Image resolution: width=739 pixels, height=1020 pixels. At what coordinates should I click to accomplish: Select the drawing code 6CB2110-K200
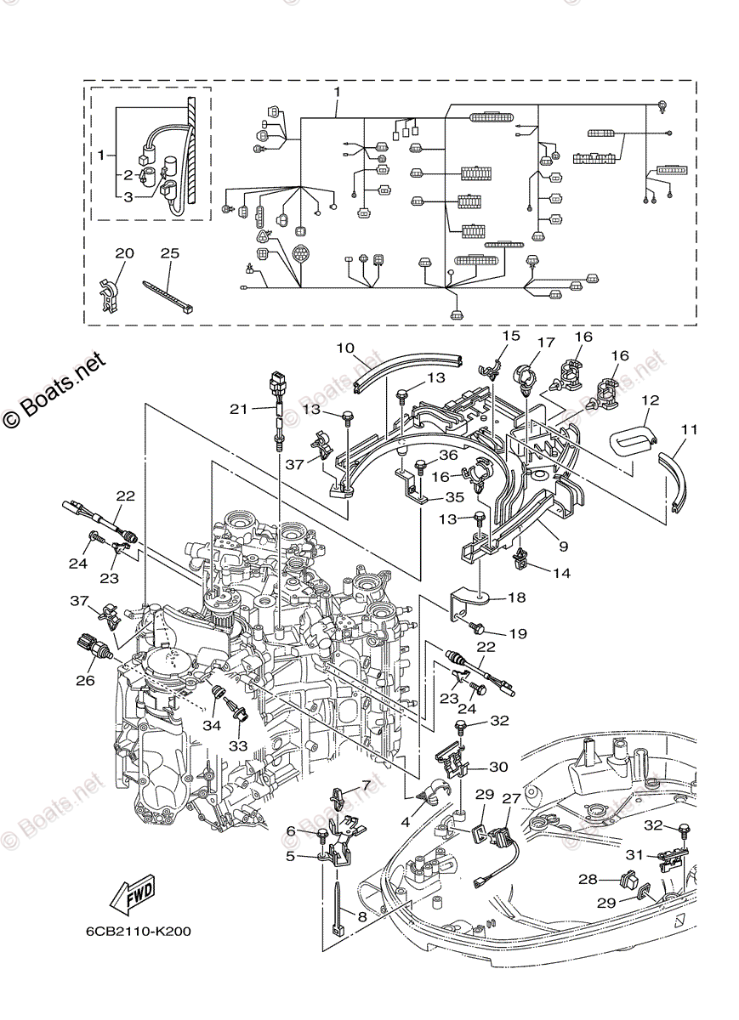[x=137, y=931]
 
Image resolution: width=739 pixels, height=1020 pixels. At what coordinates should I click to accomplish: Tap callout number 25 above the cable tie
[x=170, y=253]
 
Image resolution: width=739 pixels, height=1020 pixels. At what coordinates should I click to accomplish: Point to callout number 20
[x=124, y=253]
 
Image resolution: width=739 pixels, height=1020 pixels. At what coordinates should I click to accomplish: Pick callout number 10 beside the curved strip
[x=344, y=348]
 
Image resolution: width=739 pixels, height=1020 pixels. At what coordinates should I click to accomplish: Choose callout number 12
[x=650, y=399]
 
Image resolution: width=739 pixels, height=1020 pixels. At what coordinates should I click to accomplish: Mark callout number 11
[x=689, y=430]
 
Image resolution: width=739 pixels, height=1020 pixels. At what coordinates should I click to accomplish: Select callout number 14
[x=560, y=573]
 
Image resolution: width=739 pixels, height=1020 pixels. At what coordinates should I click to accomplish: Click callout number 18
[x=518, y=598]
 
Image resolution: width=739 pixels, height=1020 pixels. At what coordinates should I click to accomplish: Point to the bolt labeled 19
[x=478, y=628]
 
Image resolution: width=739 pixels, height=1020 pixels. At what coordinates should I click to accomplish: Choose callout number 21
[x=239, y=409]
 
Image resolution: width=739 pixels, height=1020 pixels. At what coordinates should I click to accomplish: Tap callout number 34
[x=211, y=725]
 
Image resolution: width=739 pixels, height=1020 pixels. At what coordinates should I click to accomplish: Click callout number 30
[x=498, y=767]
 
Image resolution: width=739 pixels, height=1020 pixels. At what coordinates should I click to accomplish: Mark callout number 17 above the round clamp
[x=545, y=343]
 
